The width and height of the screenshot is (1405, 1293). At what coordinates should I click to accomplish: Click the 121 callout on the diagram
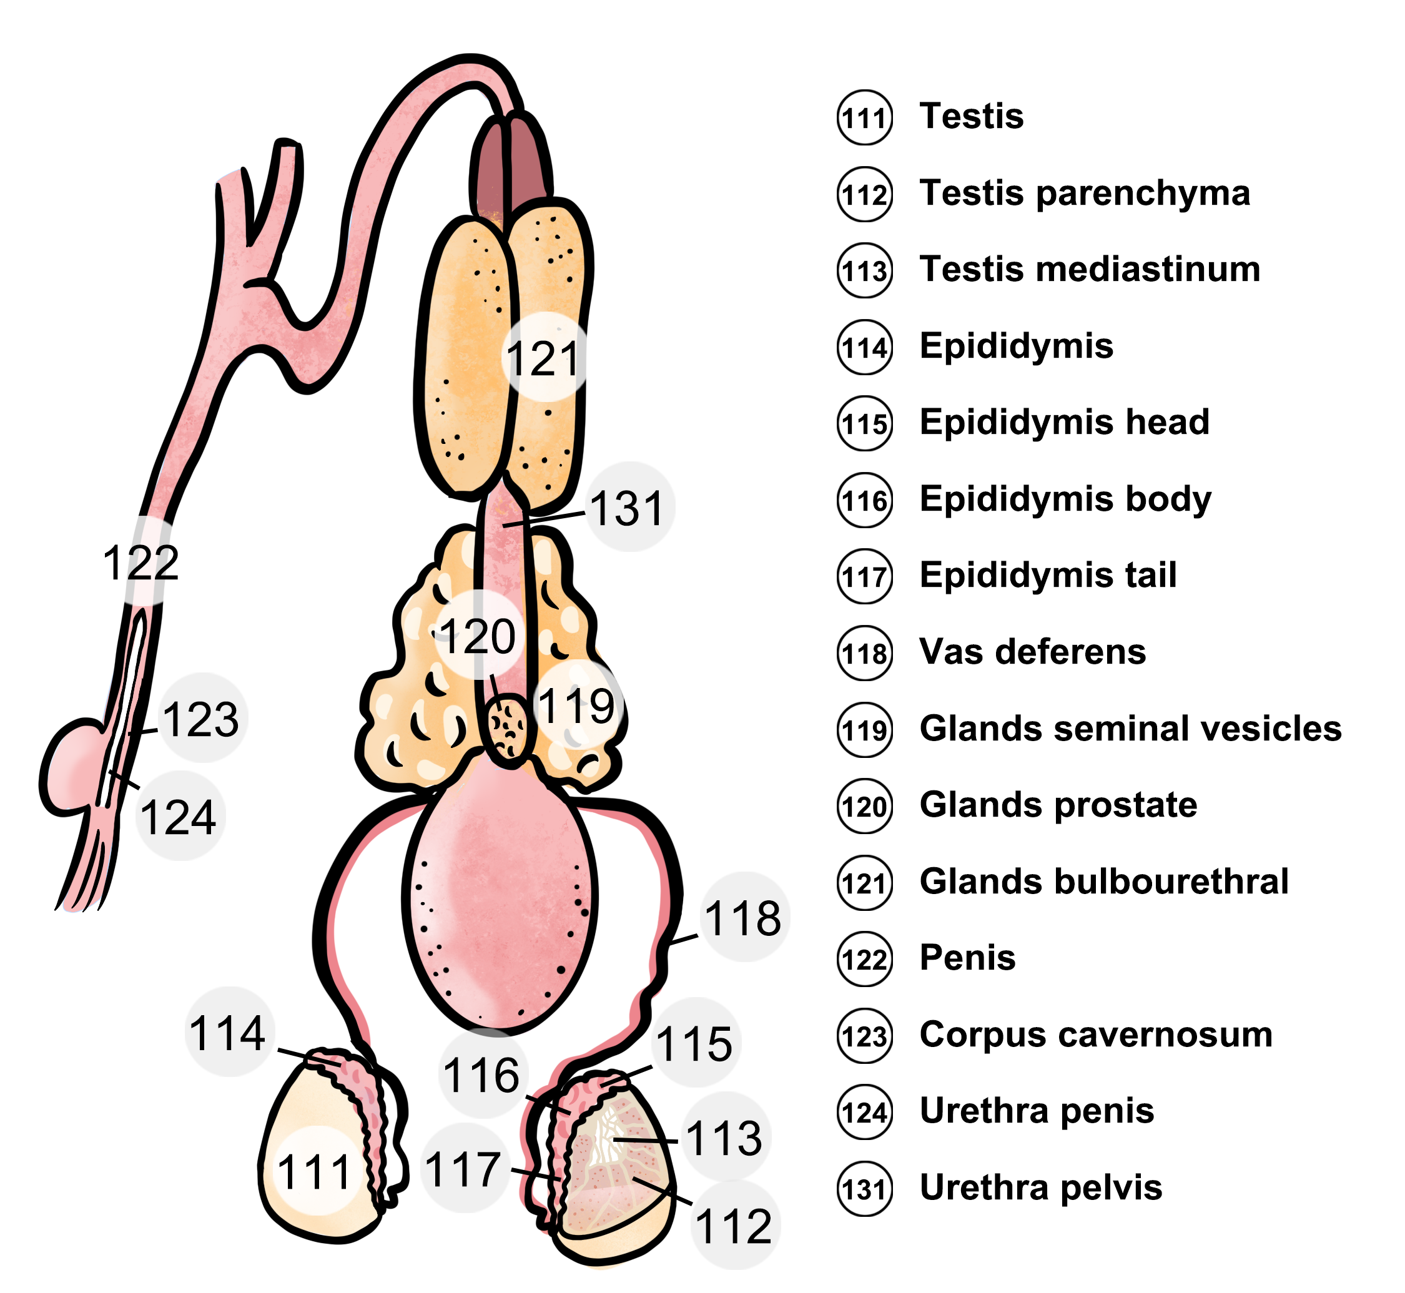(x=543, y=358)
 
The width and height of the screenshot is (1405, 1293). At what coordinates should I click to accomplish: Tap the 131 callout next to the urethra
(x=627, y=508)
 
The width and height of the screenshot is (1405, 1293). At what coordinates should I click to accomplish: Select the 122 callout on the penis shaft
(x=141, y=562)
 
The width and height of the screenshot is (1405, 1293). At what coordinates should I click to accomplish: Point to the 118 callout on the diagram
(x=743, y=918)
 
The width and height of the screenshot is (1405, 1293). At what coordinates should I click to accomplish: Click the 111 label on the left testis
(x=314, y=1173)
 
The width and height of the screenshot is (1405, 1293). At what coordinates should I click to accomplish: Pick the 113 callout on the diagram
(x=724, y=1138)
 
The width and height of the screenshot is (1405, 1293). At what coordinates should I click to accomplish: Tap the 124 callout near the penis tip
(x=179, y=817)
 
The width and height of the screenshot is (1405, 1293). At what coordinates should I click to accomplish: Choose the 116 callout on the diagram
(x=481, y=1075)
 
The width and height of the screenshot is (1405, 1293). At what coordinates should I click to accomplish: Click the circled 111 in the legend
(x=865, y=117)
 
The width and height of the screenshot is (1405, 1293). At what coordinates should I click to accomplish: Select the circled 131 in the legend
(x=865, y=1189)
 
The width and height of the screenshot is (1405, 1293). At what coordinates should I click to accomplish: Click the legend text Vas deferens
(x=1033, y=651)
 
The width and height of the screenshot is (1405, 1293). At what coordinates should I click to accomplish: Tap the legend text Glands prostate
(x=1058, y=805)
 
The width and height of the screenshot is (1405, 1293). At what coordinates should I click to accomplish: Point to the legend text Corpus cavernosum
(x=1096, y=1034)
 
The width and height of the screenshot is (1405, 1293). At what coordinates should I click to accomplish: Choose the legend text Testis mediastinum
(x=1090, y=268)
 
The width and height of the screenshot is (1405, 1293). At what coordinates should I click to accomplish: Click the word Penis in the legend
(x=967, y=957)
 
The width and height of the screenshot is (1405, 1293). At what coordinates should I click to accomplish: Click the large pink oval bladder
(x=500, y=903)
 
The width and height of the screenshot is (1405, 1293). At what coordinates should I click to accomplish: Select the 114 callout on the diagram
(x=227, y=1033)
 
